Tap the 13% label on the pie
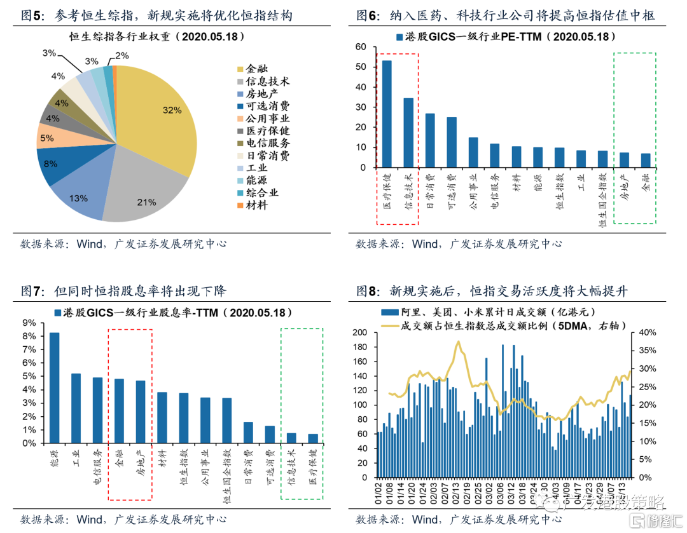tap(79, 198)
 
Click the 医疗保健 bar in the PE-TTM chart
tap(387, 114)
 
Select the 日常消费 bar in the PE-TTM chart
tap(430, 140)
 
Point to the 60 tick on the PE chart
tap(361, 47)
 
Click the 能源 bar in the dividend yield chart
tap(55, 388)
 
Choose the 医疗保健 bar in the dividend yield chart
tap(312, 438)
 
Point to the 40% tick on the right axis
tap(647, 332)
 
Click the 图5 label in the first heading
tap(32, 15)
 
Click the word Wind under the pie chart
tap(90, 244)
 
